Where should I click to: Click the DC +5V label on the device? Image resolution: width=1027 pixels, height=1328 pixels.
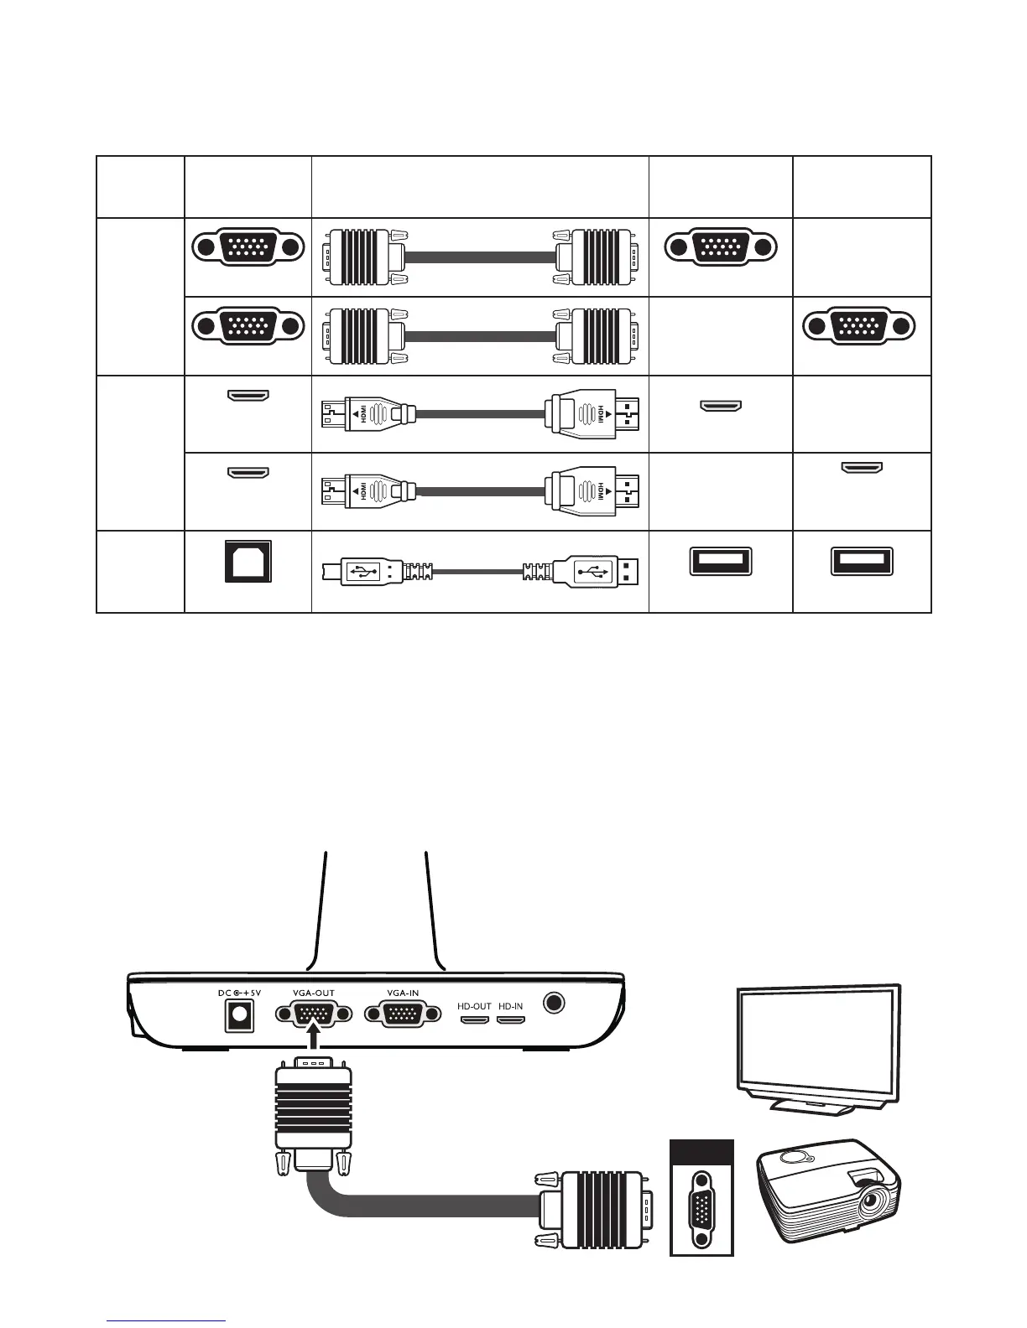(x=239, y=993)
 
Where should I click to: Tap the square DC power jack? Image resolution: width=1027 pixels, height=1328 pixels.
(x=239, y=1016)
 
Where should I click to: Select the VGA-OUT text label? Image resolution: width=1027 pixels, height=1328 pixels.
(x=314, y=993)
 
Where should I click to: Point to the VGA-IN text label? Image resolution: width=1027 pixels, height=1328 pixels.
(x=403, y=993)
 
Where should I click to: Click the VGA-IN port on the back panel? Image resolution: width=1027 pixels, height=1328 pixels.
(x=403, y=1014)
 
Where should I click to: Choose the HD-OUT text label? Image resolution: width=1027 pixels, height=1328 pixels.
(x=474, y=1005)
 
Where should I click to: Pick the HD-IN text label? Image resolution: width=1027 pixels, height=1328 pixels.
(x=510, y=1005)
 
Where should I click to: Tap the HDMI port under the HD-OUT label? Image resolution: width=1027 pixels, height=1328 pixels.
(x=475, y=1020)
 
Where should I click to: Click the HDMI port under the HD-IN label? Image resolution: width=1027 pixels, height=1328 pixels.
(x=510, y=1020)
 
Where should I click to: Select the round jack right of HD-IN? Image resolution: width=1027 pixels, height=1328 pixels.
(x=555, y=1003)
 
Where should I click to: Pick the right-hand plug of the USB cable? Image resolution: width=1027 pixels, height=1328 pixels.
(x=597, y=572)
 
